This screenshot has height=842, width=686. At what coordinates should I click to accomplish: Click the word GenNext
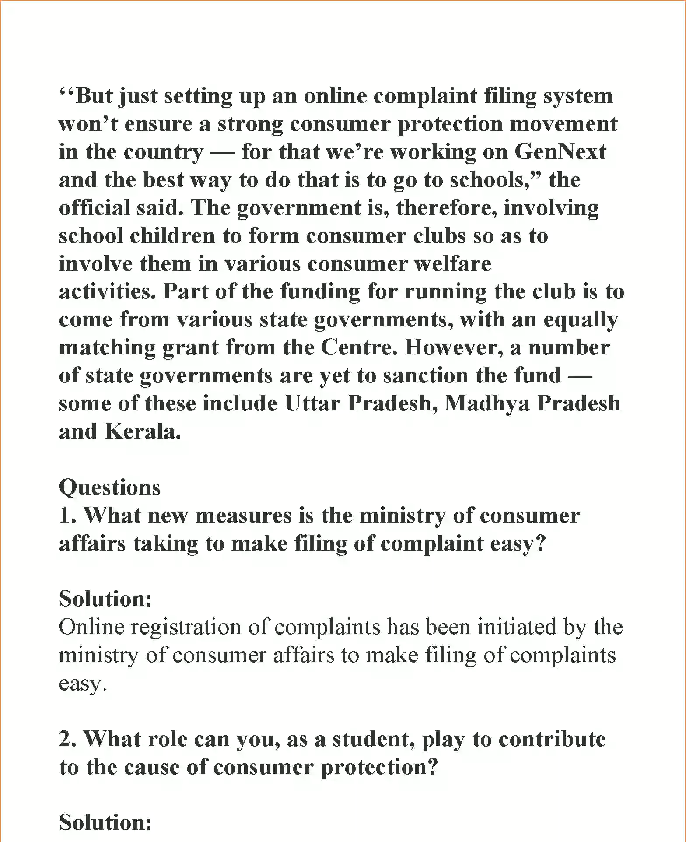(x=560, y=152)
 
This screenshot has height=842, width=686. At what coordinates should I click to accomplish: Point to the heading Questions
(x=110, y=488)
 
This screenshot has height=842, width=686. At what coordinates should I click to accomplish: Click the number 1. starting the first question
(x=68, y=516)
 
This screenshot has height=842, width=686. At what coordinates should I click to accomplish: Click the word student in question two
(x=372, y=740)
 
